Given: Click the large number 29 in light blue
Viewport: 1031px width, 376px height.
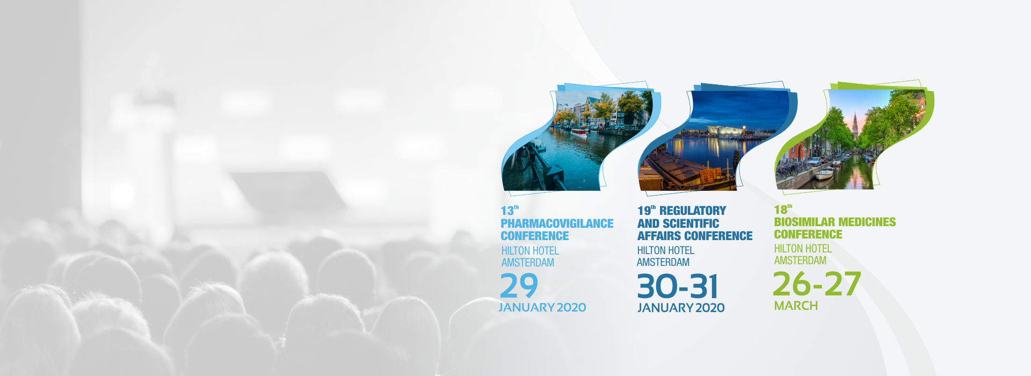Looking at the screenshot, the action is coord(519,285).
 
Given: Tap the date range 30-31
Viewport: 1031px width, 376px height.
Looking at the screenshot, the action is coord(678,286).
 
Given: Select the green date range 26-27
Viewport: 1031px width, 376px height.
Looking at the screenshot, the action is coord(817,284).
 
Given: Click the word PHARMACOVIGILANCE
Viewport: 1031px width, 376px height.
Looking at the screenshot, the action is coord(557,223).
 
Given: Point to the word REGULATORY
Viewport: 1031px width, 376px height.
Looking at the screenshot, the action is coord(693,211).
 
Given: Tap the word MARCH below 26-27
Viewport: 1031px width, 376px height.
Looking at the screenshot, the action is coord(796,306).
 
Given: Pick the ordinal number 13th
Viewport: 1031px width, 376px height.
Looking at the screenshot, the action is coord(510,210).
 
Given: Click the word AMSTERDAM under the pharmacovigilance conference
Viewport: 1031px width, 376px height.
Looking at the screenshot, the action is coord(528,263).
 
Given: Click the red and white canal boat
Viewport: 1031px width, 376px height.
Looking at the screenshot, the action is coord(579,132).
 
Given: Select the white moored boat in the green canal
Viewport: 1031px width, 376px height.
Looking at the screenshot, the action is coord(824,173).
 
